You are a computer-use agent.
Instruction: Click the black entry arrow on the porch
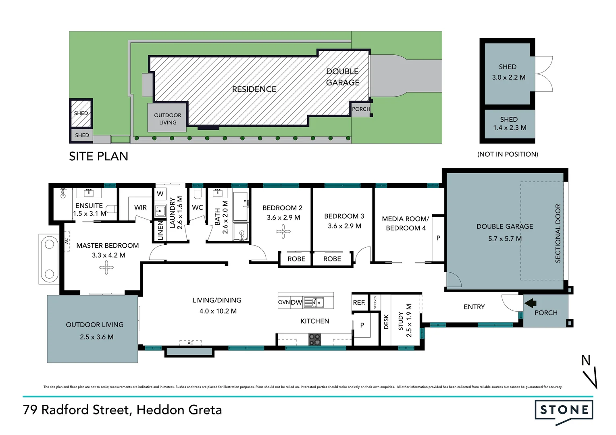[530, 302]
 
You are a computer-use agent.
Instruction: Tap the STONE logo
[564, 410]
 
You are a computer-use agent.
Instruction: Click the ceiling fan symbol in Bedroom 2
[283, 232]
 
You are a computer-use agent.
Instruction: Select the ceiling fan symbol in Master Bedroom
[106, 267]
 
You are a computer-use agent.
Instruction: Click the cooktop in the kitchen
[314, 340]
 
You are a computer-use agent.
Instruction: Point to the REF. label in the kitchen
[359, 302]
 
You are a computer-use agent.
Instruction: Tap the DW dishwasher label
[296, 302]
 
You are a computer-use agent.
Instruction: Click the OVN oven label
[284, 302]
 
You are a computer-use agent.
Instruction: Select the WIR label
[140, 207]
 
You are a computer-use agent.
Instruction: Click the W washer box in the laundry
[160, 194]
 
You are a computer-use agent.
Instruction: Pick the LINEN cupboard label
[160, 231]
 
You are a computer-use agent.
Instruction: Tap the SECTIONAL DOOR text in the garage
[558, 233]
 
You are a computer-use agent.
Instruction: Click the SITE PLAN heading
[98, 156]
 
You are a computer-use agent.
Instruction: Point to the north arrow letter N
[586, 360]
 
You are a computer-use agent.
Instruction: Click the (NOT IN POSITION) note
[508, 154]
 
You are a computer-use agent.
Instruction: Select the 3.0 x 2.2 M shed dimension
[508, 77]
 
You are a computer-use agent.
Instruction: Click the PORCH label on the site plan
[361, 109]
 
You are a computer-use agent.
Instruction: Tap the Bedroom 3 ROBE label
[332, 259]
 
